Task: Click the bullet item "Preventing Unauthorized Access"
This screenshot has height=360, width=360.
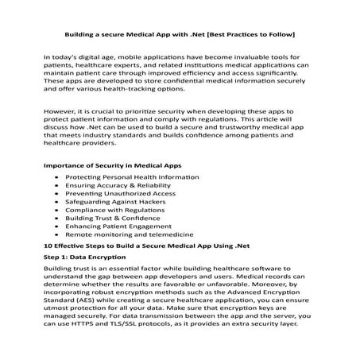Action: click(110, 195)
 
